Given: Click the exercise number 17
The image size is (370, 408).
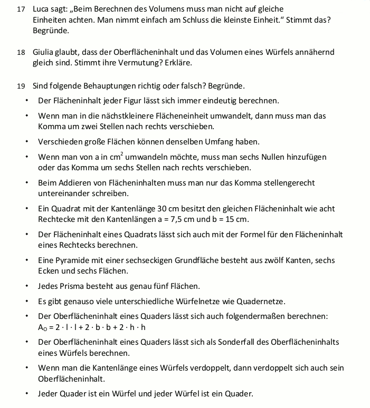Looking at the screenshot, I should pos(21,9).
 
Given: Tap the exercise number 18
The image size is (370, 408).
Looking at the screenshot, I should pos(21,52).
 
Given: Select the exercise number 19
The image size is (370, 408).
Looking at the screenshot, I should pos(21,85).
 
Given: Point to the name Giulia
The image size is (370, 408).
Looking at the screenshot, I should pos(43,52).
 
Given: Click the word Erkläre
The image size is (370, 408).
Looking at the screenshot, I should pos(177,63).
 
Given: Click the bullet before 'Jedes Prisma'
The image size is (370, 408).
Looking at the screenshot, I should pos(26,286).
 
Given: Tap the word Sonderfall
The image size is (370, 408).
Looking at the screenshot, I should pos(243,343).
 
